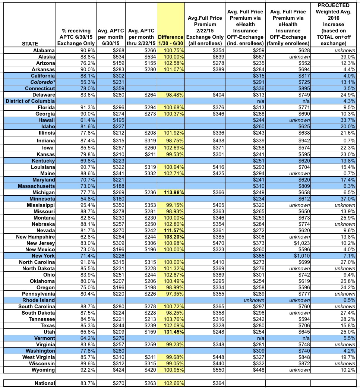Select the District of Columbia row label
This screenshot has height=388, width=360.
click(x=30, y=101)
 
